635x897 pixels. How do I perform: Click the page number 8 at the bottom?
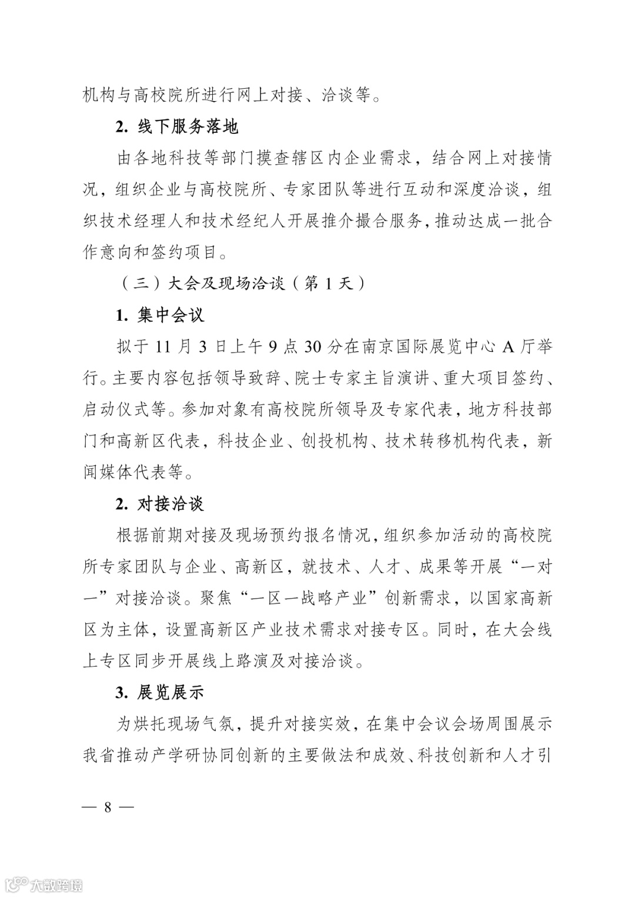coord(108,807)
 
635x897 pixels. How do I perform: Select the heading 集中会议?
coord(171,315)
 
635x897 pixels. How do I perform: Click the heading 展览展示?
coord(171,693)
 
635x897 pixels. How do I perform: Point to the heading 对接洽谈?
coord(171,504)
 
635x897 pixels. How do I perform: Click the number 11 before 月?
coord(166,347)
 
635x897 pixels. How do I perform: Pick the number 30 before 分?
coord(313,347)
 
